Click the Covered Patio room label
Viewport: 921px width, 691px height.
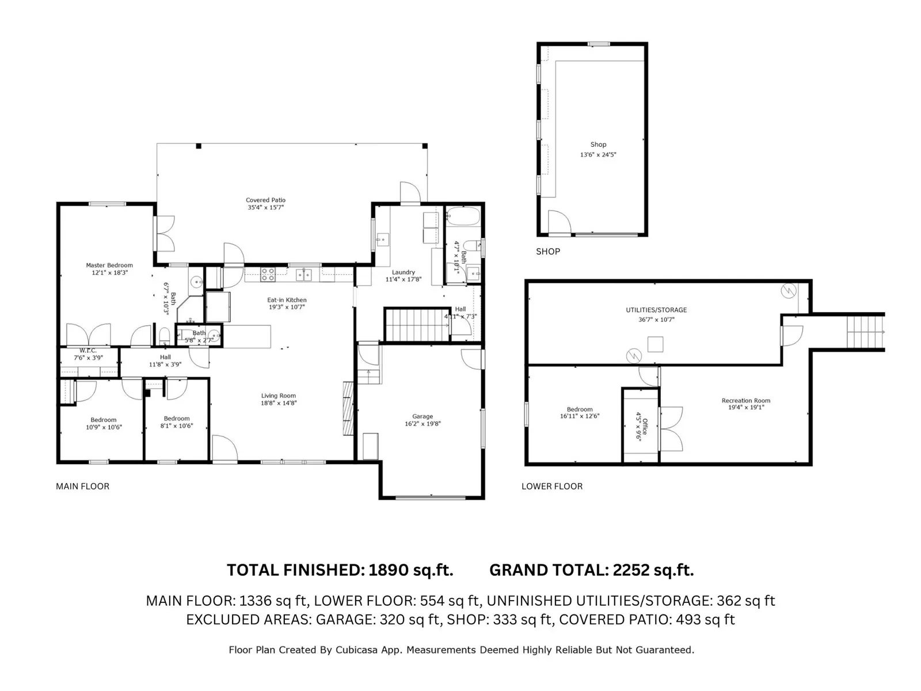pyautogui.click(x=265, y=200)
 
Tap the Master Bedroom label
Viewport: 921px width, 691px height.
pyautogui.click(x=109, y=265)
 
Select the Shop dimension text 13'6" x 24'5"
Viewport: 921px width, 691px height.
pyautogui.click(x=598, y=154)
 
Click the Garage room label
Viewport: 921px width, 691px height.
pyautogui.click(x=422, y=416)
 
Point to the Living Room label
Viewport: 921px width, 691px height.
pyautogui.click(x=278, y=396)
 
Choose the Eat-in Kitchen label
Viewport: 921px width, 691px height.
pyautogui.click(x=287, y=300)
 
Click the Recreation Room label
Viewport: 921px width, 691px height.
pyautogui.click(x=745, y=400)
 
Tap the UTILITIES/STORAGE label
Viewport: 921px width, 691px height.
pyautogui.click(x=656, y=310)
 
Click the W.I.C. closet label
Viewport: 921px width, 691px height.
pyautogui.click(x=88, y=350)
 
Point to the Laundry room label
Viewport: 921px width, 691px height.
pyautogui.click(x=404, y=272)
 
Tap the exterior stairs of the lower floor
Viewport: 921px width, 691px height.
pyautogui.click(x=865, y=332)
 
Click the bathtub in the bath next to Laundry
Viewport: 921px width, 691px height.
pyautogui.click(x=463, y=217)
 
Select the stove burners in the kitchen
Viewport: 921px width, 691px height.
pyautogui.click(x=268, y=275)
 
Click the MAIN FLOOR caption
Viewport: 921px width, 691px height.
pyautogui.click(x=83, y=486)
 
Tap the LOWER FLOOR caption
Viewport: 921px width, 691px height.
pyautogui.click(x=552, y=486)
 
